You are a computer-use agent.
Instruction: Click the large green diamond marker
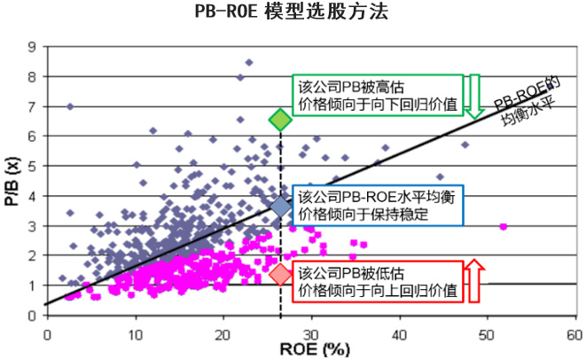[x=280, y=120]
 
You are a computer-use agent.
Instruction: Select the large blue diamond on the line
[x=280, y=207]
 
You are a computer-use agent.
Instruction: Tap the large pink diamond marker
[x=280, y=275]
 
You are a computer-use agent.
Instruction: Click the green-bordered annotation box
[x=377, y=94]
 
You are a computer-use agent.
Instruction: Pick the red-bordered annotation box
[x=377, y=280]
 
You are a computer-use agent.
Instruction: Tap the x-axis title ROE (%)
[x=301, y=348]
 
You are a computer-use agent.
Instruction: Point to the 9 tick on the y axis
[x=33, y=46]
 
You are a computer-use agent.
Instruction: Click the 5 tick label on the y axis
[x=33, y=166]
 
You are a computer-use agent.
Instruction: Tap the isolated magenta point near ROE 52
[x=504, y=226]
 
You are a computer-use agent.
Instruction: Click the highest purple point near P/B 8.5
[x=249, y=62]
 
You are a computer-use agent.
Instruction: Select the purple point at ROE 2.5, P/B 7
[x=70, y=106]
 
